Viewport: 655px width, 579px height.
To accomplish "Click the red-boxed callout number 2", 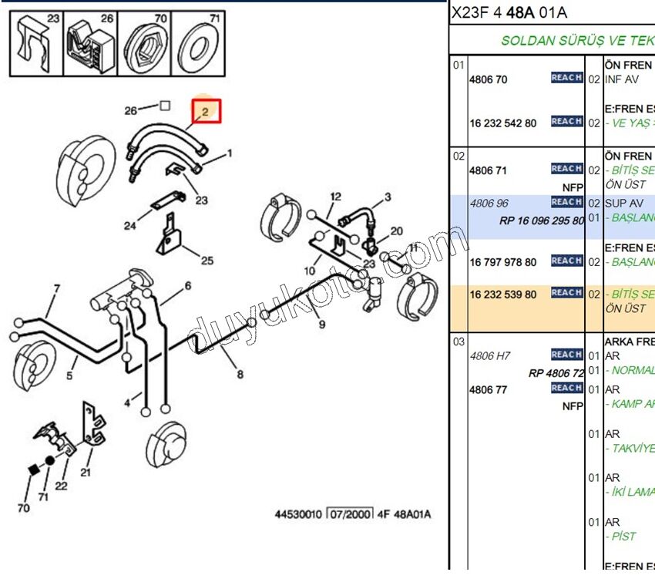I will (206, 112).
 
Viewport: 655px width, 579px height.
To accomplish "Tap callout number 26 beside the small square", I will (131, 111).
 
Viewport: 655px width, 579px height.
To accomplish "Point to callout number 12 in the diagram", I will (335, 197).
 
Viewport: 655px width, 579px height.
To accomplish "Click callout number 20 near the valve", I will (396, 231).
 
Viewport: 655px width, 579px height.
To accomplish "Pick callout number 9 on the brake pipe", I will (322, 325).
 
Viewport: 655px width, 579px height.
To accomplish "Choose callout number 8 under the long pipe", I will (240, 375).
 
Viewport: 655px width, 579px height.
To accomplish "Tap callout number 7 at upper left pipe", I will (56, 290).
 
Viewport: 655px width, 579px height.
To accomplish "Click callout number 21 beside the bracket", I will (86, 473).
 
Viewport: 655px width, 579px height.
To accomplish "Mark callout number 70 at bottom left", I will (23, 508).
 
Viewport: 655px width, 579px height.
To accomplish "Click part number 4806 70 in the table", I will (489, 79).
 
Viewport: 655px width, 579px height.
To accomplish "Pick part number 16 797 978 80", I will (503, 262).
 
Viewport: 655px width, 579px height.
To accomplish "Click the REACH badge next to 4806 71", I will (566, 169).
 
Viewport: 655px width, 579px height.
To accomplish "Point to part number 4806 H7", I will (490, 356).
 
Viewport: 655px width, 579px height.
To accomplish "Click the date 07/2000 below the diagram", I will (350, 513).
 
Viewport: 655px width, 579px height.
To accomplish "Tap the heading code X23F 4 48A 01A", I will (510, 12).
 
